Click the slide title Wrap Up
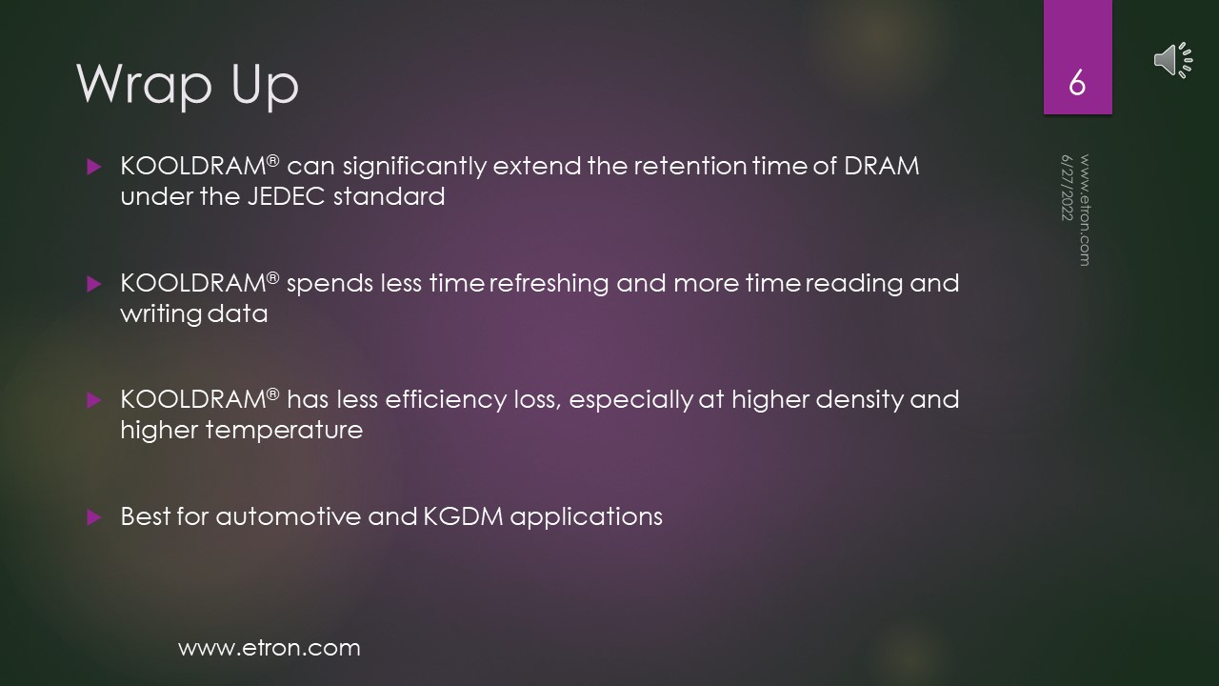188,85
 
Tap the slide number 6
1077,83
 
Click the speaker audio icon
1173,59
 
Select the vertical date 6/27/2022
1067,188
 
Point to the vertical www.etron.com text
1085,211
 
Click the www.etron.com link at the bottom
270,648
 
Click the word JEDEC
287,196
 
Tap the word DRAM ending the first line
882,166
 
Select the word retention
691,166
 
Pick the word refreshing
550,284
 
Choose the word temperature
284,431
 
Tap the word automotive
288,516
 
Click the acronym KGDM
463,516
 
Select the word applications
586,517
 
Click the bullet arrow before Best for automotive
94,517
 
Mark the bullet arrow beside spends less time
94,284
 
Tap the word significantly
414,167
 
